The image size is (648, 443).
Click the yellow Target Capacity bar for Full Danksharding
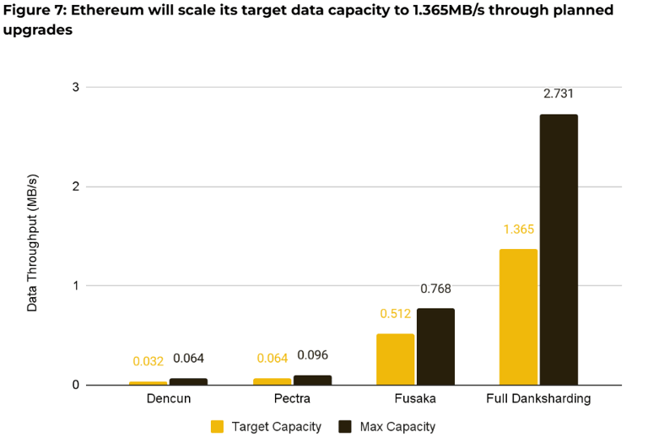pyautogui.click(x=518, y=316)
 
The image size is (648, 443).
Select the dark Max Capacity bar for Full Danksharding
pyautogui.click(x=559, y=250)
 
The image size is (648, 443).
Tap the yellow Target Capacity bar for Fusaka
pyautogui.click(x=395, y=359)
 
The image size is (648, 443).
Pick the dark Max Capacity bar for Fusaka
pyautogui.click(x=435, y=347)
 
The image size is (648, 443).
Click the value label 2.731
pyautogui.click(x=559, y=94)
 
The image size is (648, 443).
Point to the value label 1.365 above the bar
pyautogui.click(x=518, y=229)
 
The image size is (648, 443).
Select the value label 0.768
pyautogui.click(x=436, y=289)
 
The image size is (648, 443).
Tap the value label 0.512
pyautogui.click(x=395, y=314)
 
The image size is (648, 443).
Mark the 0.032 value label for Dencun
pyautogui.click(x=148, y=361)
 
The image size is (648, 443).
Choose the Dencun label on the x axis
pyautogui.click(x=168, y=398)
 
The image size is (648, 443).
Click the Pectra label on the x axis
pyautogui.click(x=292, y=398)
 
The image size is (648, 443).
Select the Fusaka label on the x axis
pyautogui.click(x=415, y=398)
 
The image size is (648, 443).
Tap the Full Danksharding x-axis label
pyautogui.click(x=538, y=398)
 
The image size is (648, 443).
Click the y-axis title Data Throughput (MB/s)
pyautogui.click(x=32, y=243)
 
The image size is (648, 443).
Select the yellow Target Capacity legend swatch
pyautogui.click(x=217, y=426)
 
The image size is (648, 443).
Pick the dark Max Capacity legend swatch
pyautogui.click(x=344, y=426)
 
